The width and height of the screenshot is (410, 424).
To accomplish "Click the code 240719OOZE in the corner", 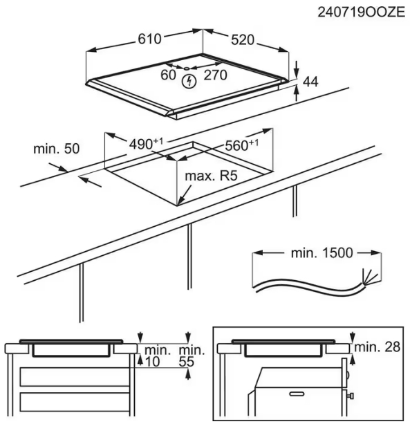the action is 361,12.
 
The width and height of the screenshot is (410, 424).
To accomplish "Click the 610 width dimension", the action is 149,39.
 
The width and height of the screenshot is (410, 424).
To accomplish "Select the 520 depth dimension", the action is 243,40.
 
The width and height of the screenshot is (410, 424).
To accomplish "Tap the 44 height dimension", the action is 310,82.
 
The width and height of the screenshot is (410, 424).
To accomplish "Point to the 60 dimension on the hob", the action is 168,75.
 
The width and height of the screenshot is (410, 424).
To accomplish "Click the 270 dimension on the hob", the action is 215,75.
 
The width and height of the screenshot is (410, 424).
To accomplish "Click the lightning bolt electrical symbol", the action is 189,81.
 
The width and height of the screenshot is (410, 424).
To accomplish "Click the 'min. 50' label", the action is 57,149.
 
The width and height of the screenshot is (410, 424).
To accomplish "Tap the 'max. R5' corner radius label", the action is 211,176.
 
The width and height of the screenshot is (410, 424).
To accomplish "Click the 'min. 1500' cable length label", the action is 322,253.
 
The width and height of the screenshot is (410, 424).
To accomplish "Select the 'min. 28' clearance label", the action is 377,347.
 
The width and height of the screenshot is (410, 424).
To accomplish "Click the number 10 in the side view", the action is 152,362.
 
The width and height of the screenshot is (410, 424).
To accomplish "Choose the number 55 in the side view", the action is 187,362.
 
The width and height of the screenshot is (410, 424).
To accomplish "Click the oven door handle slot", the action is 297,394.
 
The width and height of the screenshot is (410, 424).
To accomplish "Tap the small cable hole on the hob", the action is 187,68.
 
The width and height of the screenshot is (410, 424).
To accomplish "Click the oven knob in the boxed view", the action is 351,396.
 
